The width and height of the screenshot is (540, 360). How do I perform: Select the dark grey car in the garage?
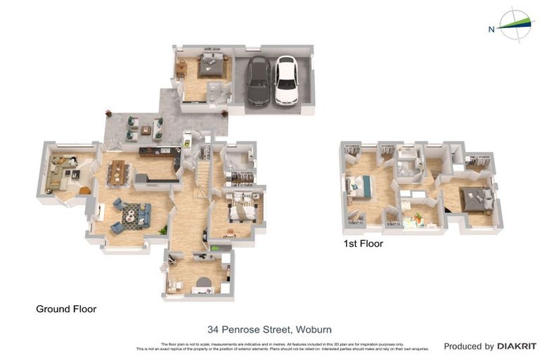coord(258,80)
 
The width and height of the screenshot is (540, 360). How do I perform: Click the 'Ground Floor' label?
coord(66,309)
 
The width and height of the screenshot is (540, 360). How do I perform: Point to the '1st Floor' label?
coord(363,244)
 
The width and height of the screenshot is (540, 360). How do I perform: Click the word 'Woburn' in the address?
coord(314,329)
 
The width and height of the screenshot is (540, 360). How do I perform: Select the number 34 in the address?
coord(213,329)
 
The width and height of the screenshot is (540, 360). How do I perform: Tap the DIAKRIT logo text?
coord(517,346)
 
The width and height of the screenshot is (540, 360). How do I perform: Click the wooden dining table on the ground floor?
coord(118,172)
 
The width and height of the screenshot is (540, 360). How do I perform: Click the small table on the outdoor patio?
coord(146,130)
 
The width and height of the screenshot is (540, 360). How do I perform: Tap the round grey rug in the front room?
coord(204,283)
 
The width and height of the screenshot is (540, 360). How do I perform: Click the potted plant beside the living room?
coord(163,229)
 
